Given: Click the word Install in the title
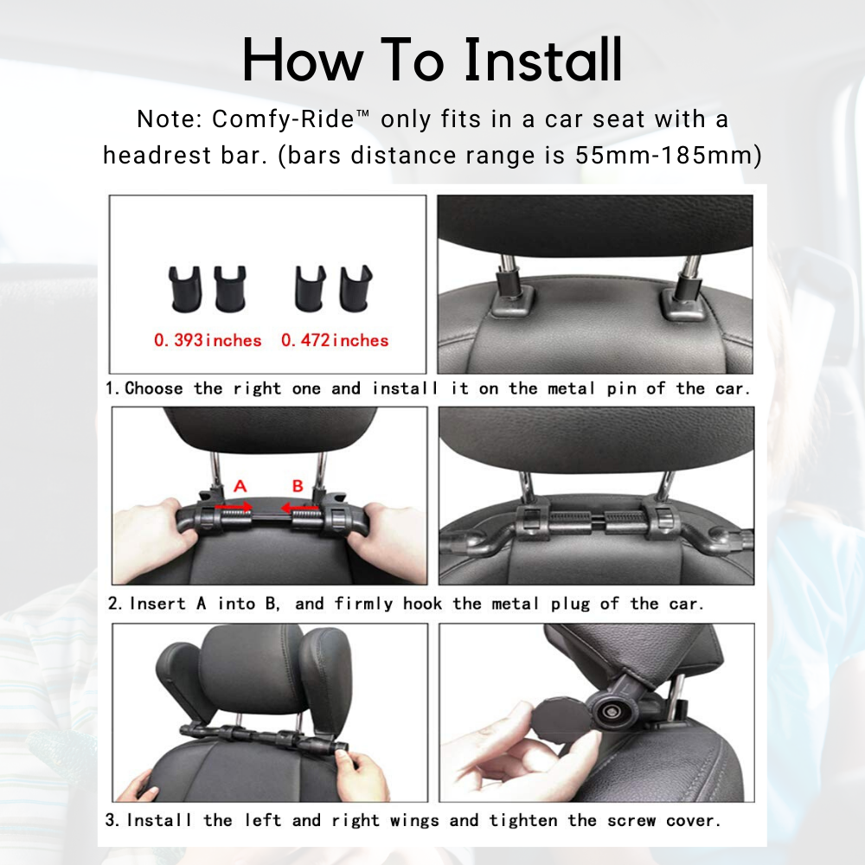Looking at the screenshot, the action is (543, 60).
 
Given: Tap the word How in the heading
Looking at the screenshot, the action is (303, 60).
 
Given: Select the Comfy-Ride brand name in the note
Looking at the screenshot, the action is (283, 119).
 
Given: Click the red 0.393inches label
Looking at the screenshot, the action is (208, 340).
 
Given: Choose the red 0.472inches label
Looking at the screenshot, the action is (335, 340).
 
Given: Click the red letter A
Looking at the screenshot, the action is (240, 486).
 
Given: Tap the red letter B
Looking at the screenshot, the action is (298, 486).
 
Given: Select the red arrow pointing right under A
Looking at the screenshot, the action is (234, 506).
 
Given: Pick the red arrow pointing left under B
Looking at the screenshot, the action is (299, 507).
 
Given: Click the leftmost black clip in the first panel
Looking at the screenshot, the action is (185, 289).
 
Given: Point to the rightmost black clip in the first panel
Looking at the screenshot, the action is (356, 289).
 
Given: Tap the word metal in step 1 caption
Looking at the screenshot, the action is (571, 388).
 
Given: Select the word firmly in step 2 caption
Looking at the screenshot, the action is (363, 604).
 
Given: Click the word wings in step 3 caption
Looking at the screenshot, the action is (414, 820).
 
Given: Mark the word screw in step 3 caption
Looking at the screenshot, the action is (631, 821).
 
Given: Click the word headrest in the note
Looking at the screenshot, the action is (157, 155).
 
